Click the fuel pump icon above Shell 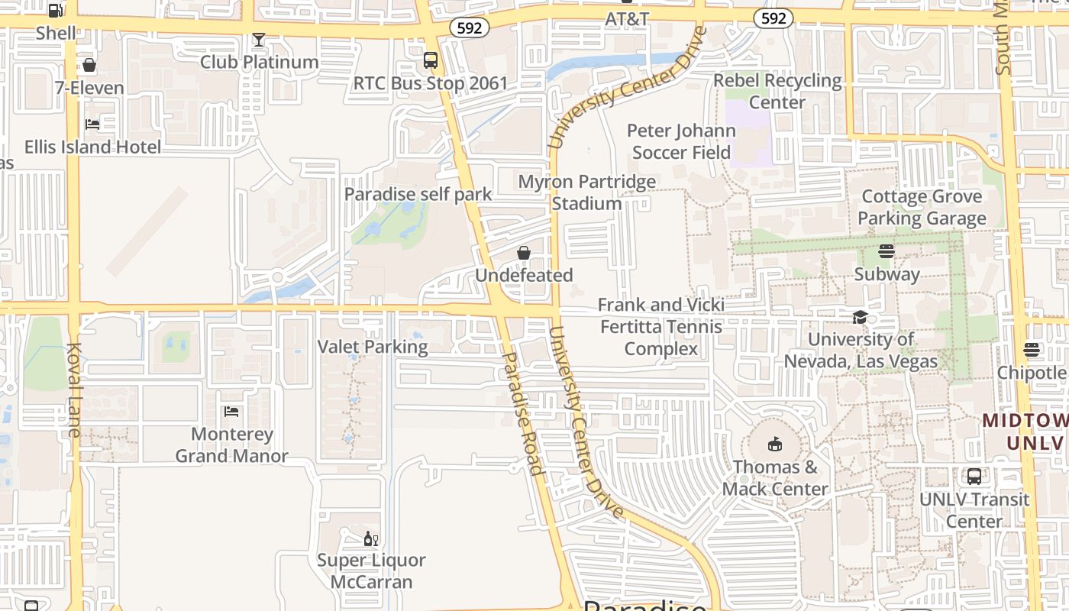[x=56, y=11]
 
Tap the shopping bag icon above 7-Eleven [x=89, y=66]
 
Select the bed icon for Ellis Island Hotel [x=92, y=124]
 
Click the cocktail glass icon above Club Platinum [x=259, y=40]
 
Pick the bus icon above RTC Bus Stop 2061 [x=431, y=60]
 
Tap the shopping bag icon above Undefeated [x=524, y=253]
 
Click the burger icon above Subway [x=887, y=251]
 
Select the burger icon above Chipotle [x=1032, y=351]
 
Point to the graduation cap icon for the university [x=861, y=317]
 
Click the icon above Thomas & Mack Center [x=775, y=445]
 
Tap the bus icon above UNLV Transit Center [x=974, y=477]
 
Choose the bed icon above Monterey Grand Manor [x=231, y=412]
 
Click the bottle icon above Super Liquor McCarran [x=371, y=538]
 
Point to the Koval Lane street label [x=74, y=390]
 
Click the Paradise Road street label [x=523, y=413]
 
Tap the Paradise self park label [x=418, y=194]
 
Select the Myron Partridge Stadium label [x=586, y=192]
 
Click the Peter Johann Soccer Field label [x=681, y=141]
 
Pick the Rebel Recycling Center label [x=777, y=91]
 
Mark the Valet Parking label [x=373, y=347]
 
